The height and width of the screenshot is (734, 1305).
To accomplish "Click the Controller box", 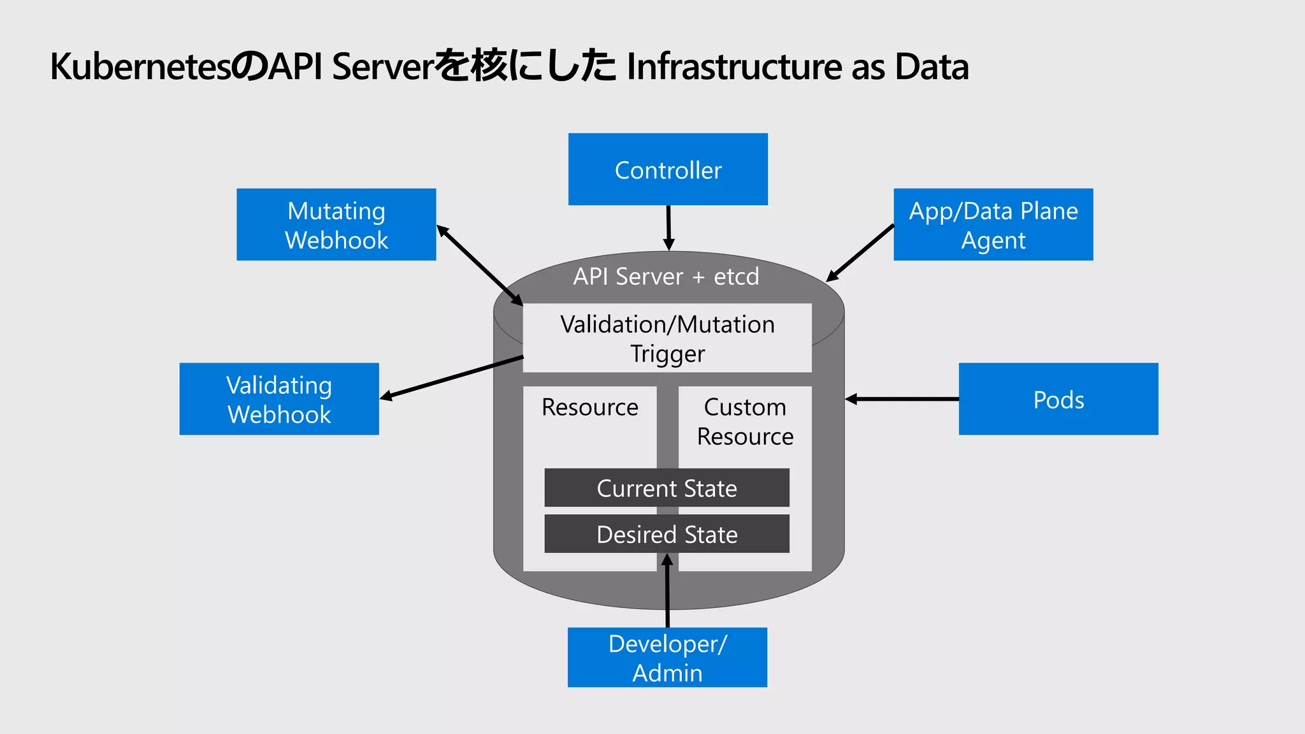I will coord(668,169).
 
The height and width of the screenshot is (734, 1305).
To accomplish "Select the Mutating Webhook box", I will coord(336,224).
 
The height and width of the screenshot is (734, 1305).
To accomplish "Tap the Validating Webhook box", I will coord(279,399).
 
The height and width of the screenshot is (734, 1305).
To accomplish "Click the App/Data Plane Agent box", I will coord(993,224).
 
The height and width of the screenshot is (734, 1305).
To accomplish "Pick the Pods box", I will coord(1058,399).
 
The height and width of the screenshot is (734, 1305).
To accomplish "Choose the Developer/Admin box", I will coord(667,658).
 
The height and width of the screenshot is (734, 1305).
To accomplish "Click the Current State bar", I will coord(667,488).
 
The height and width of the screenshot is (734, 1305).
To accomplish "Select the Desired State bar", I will coord(667,534).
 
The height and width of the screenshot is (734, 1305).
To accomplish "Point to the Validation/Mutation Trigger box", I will coord(667,338).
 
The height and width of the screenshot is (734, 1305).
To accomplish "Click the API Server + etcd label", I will coord(666,277).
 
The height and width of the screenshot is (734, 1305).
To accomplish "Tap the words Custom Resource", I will coord(745,422).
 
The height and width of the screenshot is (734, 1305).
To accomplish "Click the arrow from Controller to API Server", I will coord(668,227).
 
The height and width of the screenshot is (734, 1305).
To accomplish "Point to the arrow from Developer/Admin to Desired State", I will coord(667,593).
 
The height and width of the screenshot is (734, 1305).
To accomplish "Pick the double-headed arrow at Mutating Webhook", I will coord(479,265).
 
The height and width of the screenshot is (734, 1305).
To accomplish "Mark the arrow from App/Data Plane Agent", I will coord(860,253).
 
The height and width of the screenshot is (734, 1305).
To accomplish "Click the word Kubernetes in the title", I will coord(140,67).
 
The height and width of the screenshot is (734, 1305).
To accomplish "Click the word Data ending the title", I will coord(932,67).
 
